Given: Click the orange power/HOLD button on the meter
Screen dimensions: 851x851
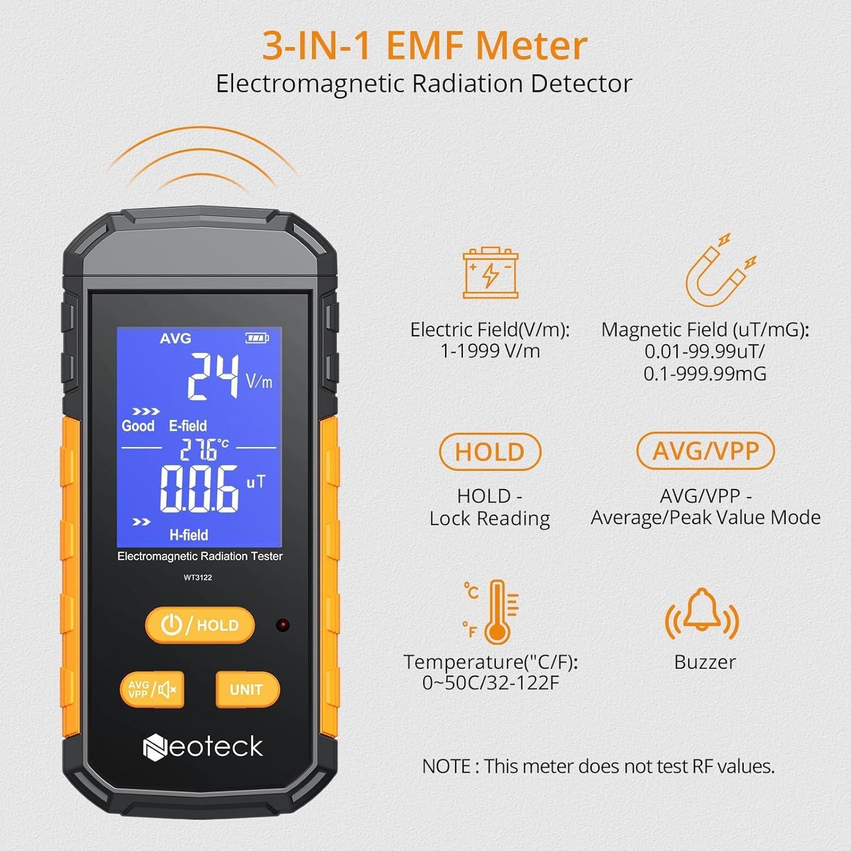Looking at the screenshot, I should pos(199,625).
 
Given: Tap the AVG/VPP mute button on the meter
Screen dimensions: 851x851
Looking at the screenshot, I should pos(152,689).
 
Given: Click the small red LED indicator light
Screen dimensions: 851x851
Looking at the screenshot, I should pos(283,625).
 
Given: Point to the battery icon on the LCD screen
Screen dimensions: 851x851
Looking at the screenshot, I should pos(256,338).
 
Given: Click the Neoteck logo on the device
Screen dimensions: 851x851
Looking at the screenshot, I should pos(203,747).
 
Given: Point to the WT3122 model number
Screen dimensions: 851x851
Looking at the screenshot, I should pos(197,578).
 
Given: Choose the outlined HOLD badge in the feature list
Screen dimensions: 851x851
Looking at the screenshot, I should pos(490,452).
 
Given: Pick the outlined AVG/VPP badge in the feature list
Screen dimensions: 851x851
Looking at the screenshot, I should pos(705,451).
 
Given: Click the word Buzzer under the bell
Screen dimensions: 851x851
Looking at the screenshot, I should pos(705,662).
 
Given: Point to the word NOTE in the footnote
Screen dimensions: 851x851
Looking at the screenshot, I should pos(446,766).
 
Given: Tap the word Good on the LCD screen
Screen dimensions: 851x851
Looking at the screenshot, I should pos(138,426).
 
